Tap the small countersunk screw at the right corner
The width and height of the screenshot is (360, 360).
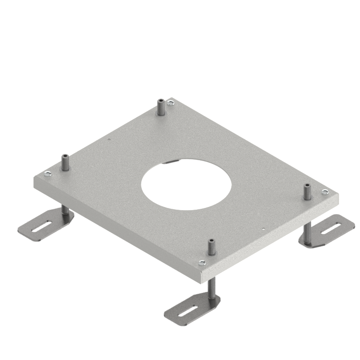(325, 192)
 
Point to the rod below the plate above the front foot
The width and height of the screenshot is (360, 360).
(211, 288)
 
